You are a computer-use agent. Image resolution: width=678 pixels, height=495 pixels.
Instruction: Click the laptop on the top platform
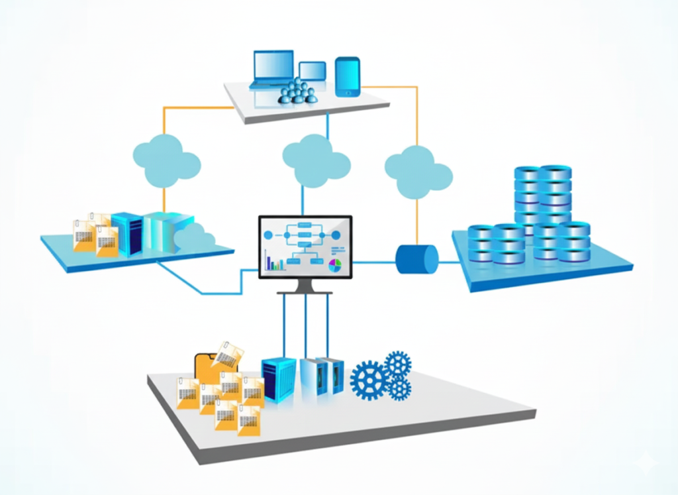click(x=272, y=69)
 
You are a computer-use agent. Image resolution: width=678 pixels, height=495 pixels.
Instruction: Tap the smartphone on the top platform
click(x=347, y=77)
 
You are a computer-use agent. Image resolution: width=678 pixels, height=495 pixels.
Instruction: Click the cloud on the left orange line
click(x=166, y=161)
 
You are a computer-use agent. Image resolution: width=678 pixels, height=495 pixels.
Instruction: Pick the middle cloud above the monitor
click(x=315, y=160)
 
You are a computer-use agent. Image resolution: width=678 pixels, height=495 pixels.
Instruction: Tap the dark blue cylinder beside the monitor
click(x=416, y=259)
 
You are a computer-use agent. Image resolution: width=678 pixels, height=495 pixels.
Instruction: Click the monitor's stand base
click(x=305, y=291)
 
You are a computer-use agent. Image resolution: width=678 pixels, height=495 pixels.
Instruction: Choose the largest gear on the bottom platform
click(x=369, y=380)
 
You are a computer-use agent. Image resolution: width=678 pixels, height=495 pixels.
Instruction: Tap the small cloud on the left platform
click(x=195, y=237)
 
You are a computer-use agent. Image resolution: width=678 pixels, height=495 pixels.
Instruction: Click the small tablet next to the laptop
click(x=312, y=72)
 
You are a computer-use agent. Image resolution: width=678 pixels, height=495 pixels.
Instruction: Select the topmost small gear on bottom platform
click(x=398, y=363)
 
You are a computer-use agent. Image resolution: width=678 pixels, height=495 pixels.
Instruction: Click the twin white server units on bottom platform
click(x=322, y=376)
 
